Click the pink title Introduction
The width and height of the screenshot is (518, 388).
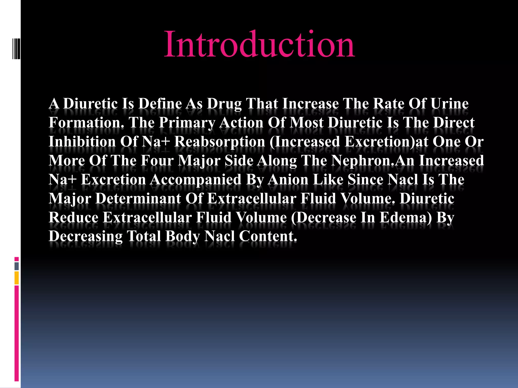tap(260, 44)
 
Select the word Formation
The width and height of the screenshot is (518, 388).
tap(86, 123)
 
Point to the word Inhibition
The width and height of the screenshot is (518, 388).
tap(82, 141)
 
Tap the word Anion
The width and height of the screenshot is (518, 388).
tap(288, 180)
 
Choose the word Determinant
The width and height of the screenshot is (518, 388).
tap(138, 199)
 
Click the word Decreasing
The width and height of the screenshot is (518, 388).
tap(85, 237)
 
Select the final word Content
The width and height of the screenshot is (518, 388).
tap(268, 236)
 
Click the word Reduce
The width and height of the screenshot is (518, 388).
tap(73, 217)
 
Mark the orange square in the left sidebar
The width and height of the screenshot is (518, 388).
tap(17, 278)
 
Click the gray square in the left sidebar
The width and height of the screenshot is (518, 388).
tap(17, 266)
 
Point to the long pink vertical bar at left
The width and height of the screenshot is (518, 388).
tap(17, 333)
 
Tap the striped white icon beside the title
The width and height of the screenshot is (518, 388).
tap(16, 49)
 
